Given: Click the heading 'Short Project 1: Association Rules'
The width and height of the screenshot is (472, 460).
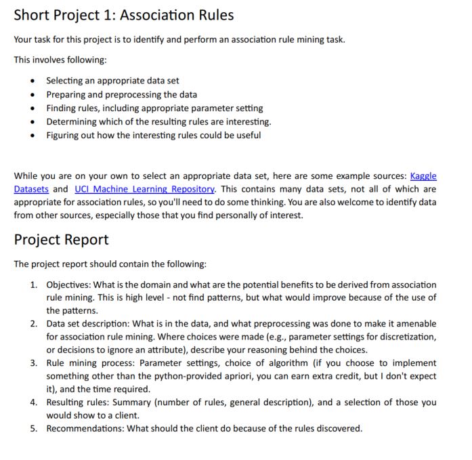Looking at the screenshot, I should coord(123,15).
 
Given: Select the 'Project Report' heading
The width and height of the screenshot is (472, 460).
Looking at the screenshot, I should coord(61,240).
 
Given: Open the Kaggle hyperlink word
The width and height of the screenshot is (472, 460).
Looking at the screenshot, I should coord(423,175).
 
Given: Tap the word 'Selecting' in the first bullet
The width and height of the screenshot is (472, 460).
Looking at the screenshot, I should coord(66,81).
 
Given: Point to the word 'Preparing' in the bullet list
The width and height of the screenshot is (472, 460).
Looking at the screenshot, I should coord(66,94).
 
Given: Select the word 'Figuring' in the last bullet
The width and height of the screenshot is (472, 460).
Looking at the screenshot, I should coord(64,135).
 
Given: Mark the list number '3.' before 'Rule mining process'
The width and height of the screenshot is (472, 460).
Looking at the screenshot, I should coord(34,363).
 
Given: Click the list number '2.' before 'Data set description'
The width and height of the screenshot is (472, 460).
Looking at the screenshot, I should coord(34,324).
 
